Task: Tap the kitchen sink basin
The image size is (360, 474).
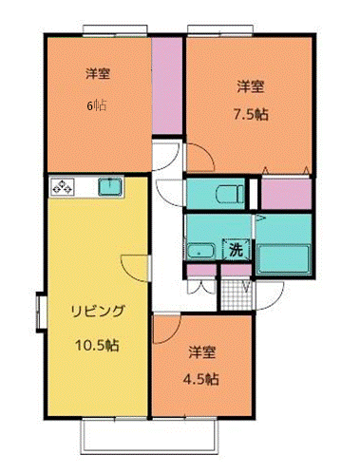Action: click(108, 186)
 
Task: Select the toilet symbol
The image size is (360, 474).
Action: click(229, 195)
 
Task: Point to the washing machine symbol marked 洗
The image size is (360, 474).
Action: click(234, 251)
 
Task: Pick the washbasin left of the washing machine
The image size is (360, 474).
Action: click(200, 252)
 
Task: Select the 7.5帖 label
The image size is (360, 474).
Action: click(250, 111)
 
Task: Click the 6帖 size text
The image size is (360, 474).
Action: click(95, 104)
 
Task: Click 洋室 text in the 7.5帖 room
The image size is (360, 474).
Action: click(250, 85)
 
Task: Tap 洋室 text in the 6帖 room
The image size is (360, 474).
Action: click(96, 73)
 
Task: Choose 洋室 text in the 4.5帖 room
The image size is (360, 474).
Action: click(201, 351)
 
